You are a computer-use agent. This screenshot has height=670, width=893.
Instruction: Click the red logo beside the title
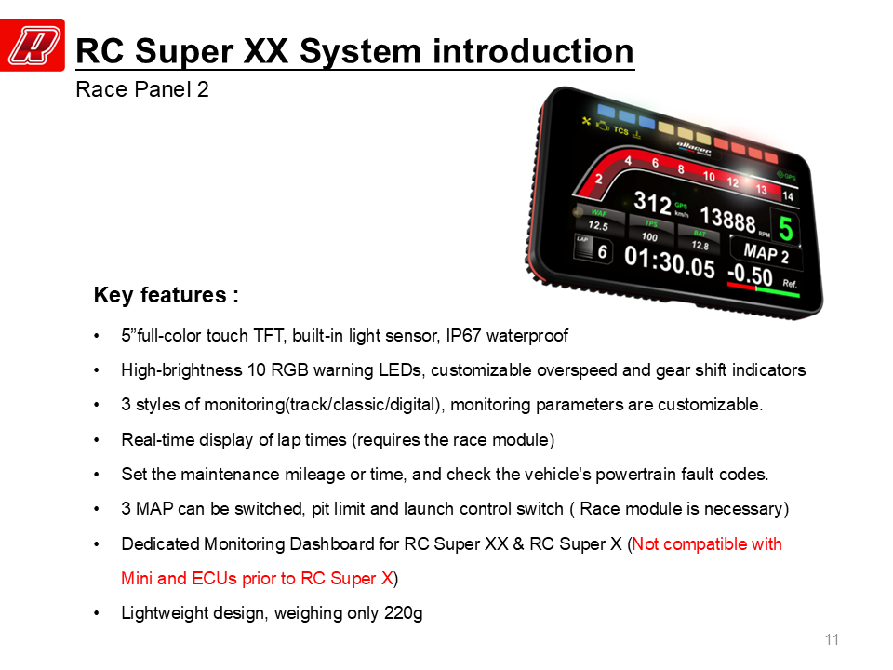[x=33, y=45]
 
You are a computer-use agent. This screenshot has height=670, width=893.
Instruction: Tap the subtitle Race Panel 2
[x=142, y=89]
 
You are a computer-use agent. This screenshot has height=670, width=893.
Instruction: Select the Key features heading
[x=166, y=295]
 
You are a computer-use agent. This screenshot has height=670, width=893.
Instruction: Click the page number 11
[x=832, y=640]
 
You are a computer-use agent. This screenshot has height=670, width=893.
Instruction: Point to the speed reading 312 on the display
[x=652, y=202]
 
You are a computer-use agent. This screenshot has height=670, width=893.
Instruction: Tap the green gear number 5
[x=785, y=229]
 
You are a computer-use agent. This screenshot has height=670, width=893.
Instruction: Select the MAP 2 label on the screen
[x=766, y=252]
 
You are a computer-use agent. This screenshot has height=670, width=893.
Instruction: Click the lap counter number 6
[x=603, y=251]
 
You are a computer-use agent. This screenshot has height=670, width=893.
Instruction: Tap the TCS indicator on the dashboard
[x=620, y=130]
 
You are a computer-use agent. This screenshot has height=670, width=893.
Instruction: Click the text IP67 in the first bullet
[x=463, y=336]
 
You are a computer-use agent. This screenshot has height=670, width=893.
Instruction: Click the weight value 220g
[x=403, y=613]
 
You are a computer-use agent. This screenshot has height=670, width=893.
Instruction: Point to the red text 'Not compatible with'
[x=707, y=544]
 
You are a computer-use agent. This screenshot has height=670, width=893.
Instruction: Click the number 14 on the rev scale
[x=788, y=196]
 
